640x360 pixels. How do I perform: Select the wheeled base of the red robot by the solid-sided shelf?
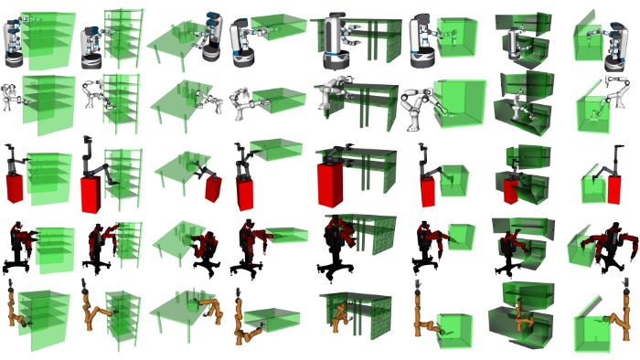(18, 265)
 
